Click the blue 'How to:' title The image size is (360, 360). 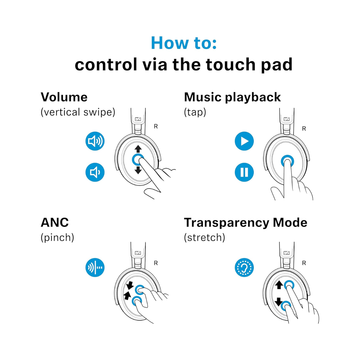(x=184, y=43)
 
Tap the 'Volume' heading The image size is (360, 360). (x=64, y=97)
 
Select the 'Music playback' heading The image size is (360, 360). (x=232, y=97)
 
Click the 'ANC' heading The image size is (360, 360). (x=55, y=223)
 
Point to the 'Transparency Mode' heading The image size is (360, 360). (x=245, y=223)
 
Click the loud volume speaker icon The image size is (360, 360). (x=95, y=141)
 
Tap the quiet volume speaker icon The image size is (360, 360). (x=95, y=172)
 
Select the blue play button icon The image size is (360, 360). (x=244, y=141)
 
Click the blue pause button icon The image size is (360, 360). (x=244, y=172)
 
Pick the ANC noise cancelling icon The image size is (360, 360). (x=95, y=267)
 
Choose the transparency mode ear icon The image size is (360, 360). (x=244, y=267)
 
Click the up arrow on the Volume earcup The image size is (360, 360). (x=138, y=149)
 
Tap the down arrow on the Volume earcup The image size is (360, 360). (x=138, y=170)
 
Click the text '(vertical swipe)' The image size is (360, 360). (x=78, y=112)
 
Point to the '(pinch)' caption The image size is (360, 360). (x=57, y=238)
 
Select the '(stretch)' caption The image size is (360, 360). (x=204, y=238)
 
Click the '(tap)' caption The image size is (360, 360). (x=195, y=112)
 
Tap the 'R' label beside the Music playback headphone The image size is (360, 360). (x=304, y=129)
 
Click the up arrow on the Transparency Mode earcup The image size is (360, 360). (x=279, y=285)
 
